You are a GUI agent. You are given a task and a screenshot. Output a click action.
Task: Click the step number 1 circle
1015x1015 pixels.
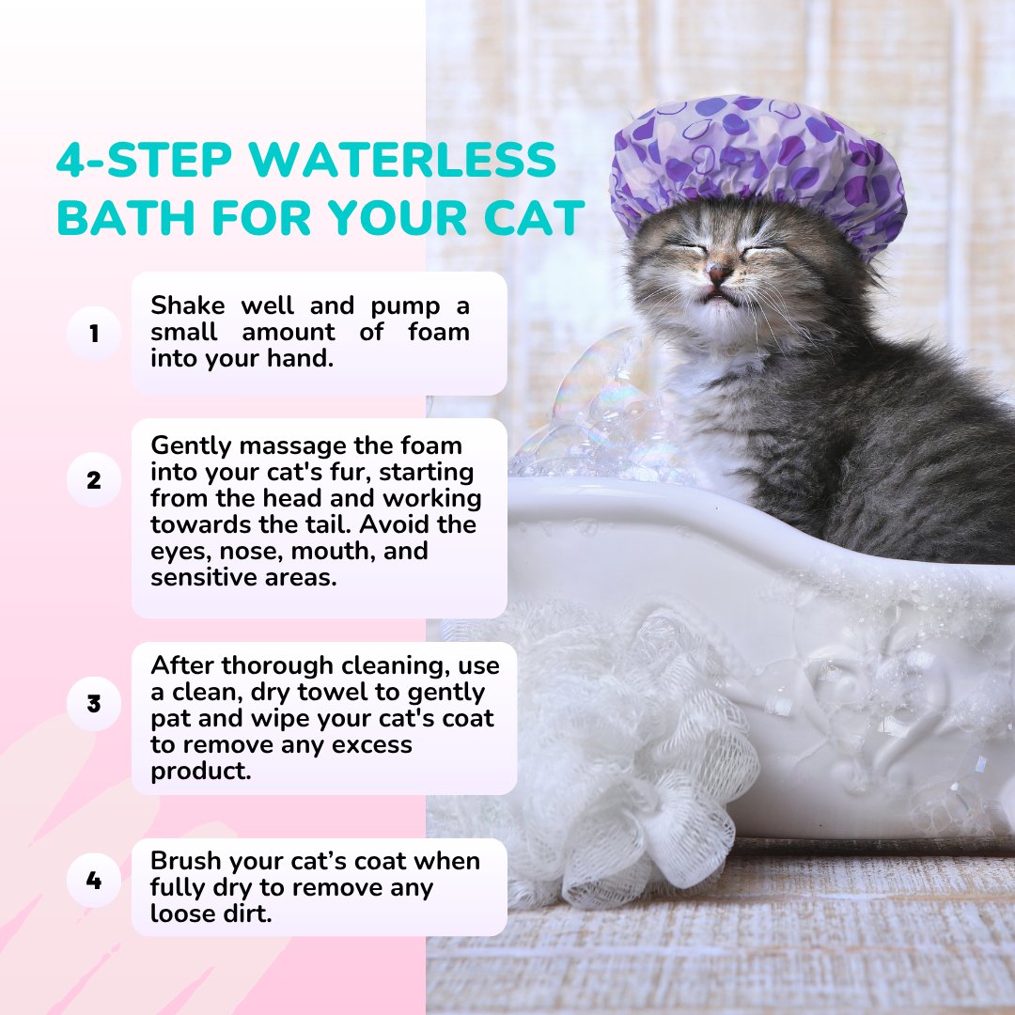pyautogui.click(x=94, y=334)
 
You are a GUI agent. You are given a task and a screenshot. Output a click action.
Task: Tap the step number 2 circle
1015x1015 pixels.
pyautogui.click(x=94, y=479)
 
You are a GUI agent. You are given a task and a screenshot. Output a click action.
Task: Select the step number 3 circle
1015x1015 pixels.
pyautogui.click(x=94, y=704)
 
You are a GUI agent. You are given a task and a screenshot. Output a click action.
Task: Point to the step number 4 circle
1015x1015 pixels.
pyautogui.click(x=94, y=881)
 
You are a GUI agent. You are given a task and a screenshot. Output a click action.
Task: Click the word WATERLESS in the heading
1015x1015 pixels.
pyautogui.click(x=402, y=159)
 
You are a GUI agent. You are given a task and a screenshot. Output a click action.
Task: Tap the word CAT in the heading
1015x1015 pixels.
pyautogui.click(x=534, y=217)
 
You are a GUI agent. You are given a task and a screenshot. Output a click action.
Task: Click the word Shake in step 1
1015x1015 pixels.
pyautogui.click(x=188, y=305)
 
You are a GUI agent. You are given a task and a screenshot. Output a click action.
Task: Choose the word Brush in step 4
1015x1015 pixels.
pyautogui.click(x=186, y=861)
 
